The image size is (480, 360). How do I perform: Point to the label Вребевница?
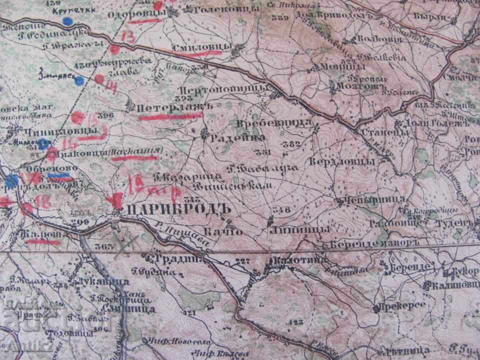click(279, 121)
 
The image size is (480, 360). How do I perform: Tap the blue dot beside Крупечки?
click(67, 21)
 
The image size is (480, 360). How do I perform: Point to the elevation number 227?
click(242, 260)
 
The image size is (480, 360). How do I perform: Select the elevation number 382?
click(292, 144)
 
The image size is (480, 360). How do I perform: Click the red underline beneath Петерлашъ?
click(170, 116)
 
